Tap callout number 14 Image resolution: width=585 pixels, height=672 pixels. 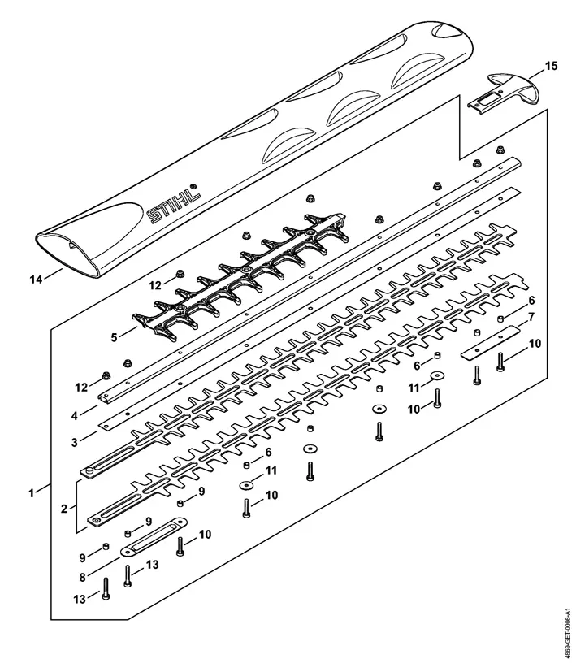[36, 279]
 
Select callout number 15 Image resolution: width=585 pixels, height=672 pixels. [551, 66]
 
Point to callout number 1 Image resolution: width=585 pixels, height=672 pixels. [31, 493]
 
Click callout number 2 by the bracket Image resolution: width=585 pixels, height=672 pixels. [64, 509]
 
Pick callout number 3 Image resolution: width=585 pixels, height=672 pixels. [74, 442]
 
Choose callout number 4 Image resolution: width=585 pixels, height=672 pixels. [74, 415]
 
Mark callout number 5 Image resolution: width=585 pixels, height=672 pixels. [114, 337]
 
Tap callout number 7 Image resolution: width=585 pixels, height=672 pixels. [531, 317]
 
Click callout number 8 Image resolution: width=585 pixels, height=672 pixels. [82, 577]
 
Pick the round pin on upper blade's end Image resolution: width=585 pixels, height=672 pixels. [89, 470]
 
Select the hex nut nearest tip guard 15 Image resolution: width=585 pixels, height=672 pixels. [500, 150]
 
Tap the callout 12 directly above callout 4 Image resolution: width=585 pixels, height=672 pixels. [81, 387]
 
